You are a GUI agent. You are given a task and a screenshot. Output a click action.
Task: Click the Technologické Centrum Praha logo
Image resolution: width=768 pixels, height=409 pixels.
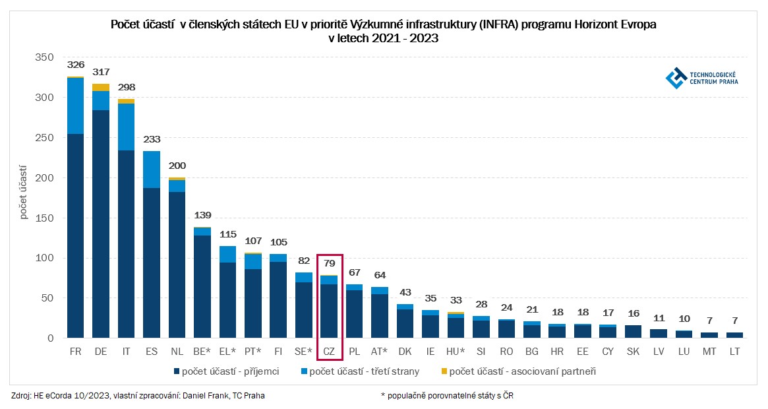tap(701, 79)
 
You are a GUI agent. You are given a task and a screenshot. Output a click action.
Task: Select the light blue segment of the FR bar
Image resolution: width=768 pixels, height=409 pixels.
tap(75, 106)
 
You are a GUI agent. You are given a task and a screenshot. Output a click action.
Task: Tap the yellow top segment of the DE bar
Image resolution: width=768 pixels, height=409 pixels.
tap(101, 88)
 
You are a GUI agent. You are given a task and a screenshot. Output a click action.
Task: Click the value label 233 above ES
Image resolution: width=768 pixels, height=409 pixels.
tap(152, 139)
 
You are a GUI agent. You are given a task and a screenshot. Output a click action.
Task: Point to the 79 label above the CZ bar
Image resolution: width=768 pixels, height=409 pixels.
tap(329, 264)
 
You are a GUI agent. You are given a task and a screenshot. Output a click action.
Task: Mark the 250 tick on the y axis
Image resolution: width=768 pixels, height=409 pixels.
tap(44, 138)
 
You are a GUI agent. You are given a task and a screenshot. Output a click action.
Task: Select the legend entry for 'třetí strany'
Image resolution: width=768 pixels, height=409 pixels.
tap(359, 372)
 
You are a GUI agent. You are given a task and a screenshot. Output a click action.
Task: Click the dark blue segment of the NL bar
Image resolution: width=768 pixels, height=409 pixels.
tap(177, 264)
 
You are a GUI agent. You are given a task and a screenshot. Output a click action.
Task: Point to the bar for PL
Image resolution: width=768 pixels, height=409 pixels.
tap(355, 313)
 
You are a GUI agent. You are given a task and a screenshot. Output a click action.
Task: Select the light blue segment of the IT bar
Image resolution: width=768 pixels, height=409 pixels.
tap(126, 127)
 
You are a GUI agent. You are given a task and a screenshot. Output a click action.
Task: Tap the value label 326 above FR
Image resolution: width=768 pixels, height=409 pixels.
tap(75, 65)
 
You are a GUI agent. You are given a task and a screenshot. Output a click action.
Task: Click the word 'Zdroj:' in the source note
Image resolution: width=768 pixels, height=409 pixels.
tap(22, 396)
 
